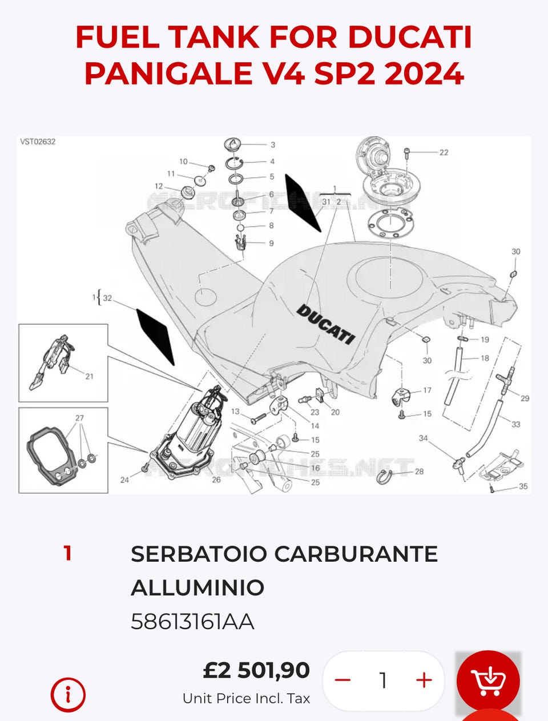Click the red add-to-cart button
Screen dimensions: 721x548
tap(488, 680)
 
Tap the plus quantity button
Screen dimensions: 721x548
tap(424, 680)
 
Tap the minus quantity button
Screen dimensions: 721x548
tap(342, 680)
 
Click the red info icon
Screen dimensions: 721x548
tap(68, 695)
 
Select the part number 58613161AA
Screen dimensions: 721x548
tap(192, 621)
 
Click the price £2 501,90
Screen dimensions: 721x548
tap(256, 670)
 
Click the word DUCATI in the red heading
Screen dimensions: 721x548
tap(410, 38)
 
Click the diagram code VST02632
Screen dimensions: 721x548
tap(38, 142)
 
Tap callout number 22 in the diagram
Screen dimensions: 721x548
tap(444, 152)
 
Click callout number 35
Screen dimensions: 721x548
tap(523, 486)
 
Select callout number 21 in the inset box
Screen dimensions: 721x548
tap(89, 376)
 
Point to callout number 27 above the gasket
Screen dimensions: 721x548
tap(79, 418)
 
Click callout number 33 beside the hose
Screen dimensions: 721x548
tap(515, 424)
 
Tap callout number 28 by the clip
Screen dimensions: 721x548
tap(419, 472)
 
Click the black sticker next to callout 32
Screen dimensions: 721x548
tap(155, 336)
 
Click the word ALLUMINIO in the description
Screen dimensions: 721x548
tap(198, 587)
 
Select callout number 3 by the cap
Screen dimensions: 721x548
tap(273, 145)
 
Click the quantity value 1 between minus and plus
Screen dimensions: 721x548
tap(383, 680)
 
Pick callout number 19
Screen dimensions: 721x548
tap(485, 340)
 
